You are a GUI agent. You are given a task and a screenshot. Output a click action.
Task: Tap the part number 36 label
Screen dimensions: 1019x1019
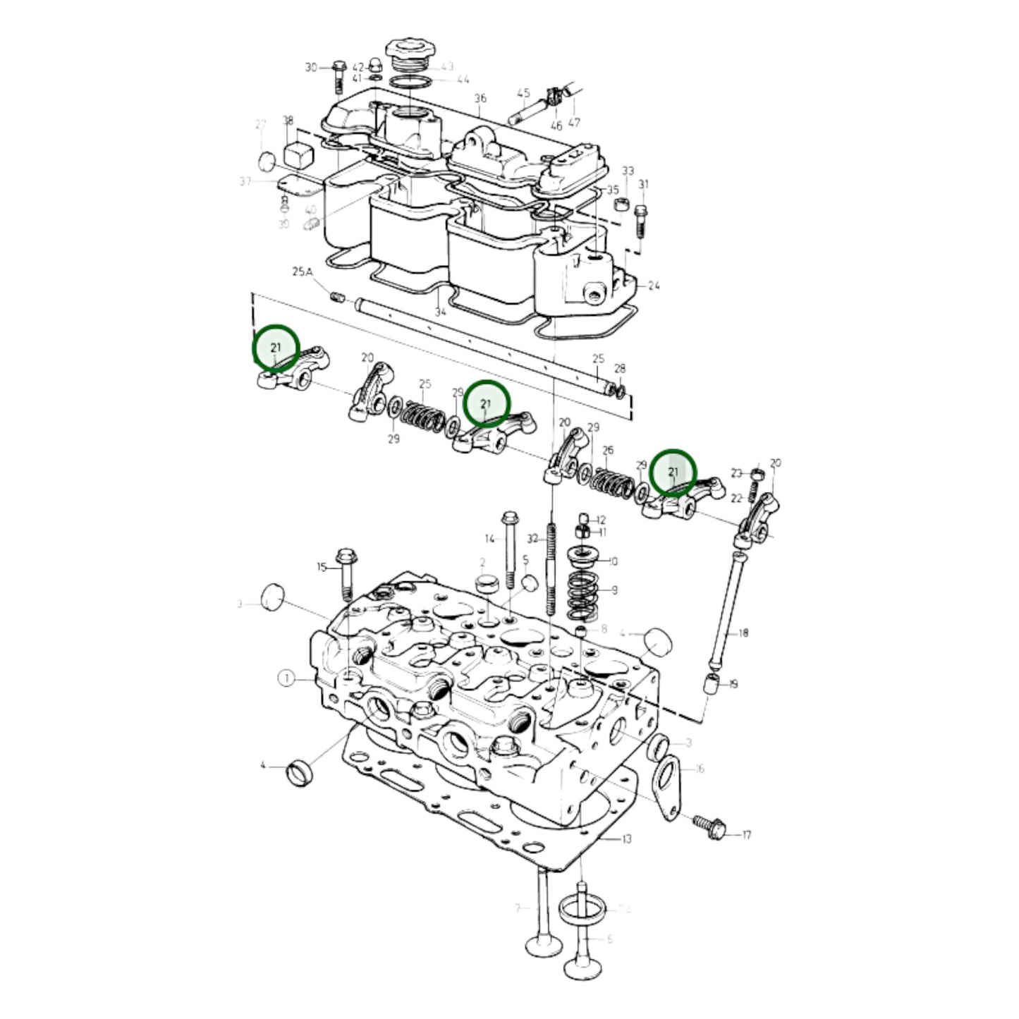[480, 98]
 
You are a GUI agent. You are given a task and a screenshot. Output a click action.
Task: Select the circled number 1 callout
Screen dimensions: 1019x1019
[286, 678]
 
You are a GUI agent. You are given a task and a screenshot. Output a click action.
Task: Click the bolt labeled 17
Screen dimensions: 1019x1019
[709, 828]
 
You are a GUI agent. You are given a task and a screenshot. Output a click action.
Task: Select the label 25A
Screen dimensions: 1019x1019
[303, 271]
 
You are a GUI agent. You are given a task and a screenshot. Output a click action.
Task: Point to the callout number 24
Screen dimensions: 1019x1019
[654, 286]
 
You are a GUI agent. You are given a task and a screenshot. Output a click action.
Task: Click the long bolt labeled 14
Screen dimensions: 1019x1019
[508, 547]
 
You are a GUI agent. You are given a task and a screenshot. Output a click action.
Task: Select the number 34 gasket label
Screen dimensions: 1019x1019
[441, 312]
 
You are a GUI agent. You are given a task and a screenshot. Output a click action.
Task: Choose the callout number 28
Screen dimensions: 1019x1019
[620, 369]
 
